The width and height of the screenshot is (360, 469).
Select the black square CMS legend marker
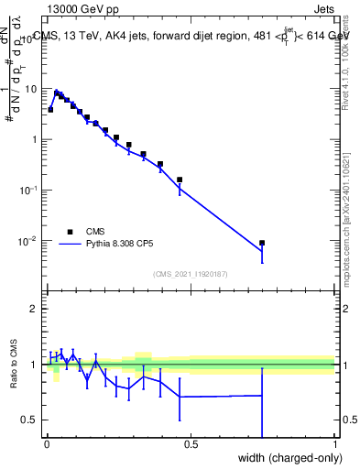coord(70,232)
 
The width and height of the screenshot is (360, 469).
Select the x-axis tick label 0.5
coord(191,444)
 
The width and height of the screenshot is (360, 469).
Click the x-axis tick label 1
coord(334,444)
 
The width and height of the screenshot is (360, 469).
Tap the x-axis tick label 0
coord(47,444)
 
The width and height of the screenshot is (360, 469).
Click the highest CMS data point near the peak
coord(57,93)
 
